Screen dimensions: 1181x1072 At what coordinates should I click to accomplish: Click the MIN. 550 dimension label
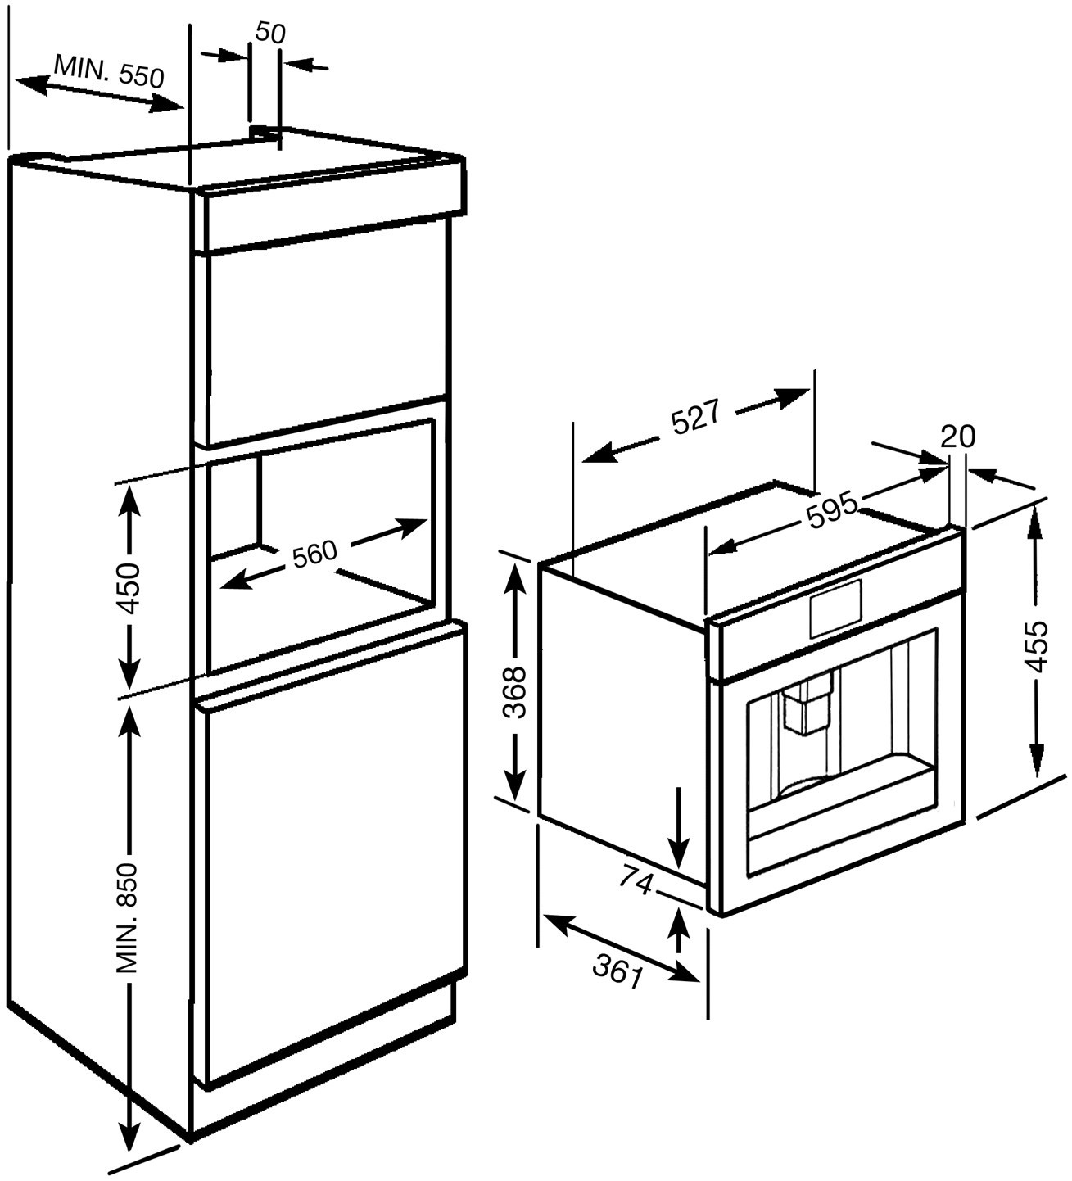(109, 70)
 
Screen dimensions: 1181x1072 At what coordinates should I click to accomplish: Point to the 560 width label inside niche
(314, 554)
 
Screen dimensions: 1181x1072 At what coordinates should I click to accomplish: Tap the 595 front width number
(831, 509)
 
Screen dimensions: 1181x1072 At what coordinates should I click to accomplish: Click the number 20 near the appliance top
(957, 437)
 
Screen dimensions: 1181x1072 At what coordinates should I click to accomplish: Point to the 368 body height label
(515, 693)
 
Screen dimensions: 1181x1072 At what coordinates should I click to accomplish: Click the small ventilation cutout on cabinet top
(264, 130)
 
